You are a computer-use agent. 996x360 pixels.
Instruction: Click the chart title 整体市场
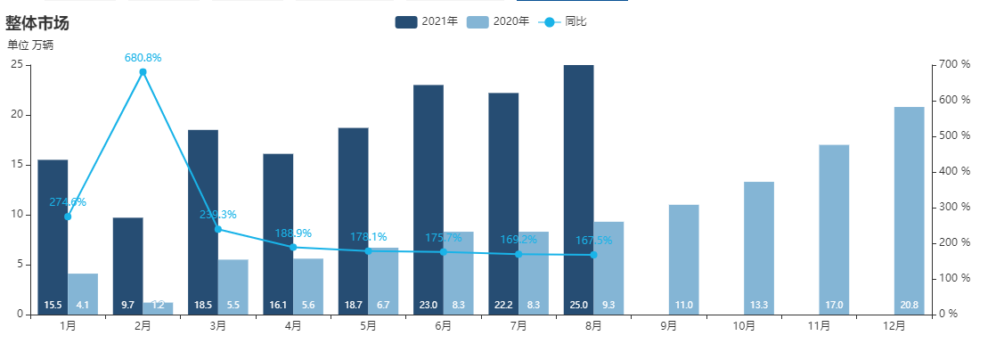[37, 23]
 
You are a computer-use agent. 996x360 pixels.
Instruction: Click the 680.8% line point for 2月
[143, 72]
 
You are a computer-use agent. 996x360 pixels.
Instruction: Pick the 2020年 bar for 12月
[910, 210]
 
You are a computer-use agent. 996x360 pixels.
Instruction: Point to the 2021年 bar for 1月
[53, 236]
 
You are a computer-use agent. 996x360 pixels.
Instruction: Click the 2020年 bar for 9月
[684, 258]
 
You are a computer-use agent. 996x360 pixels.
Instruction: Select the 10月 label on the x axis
[745, 327]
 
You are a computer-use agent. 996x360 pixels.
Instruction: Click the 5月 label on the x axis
[369, 327]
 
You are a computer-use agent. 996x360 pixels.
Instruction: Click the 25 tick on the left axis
[17, 65]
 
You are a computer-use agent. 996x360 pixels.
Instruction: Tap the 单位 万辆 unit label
[30, 45]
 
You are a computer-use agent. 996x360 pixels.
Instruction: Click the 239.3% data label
[217, 215]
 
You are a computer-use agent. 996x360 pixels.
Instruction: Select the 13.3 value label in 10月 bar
[759, 305]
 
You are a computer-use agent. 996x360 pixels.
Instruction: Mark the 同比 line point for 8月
[593, 255]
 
